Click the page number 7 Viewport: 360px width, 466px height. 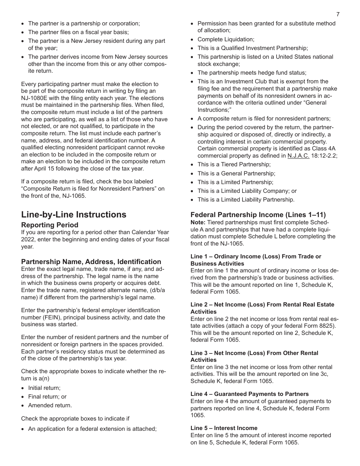click(338, 14)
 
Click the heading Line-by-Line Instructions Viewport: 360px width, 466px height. click(74, 214)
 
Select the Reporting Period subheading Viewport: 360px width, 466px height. click(50, 225)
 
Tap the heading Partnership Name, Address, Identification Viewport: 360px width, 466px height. click(91, 262)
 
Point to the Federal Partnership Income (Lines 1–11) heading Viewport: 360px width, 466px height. click(258, 214)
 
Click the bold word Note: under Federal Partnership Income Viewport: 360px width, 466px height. click(198, 222)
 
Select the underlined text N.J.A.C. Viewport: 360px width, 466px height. click(298, 156)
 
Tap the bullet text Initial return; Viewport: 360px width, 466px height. click(44, 388)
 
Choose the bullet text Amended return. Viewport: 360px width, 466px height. click(50, 405)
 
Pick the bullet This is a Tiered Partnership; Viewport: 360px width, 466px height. click(234, 164)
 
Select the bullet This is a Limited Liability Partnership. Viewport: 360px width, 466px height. click(246, 200)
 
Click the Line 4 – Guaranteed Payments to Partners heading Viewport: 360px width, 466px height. click(250, 394)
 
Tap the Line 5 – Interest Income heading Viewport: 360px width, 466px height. click(224, 428)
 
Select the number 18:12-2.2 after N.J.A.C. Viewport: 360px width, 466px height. click(324, 156)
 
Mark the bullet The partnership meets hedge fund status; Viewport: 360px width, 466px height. click(252, 73)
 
